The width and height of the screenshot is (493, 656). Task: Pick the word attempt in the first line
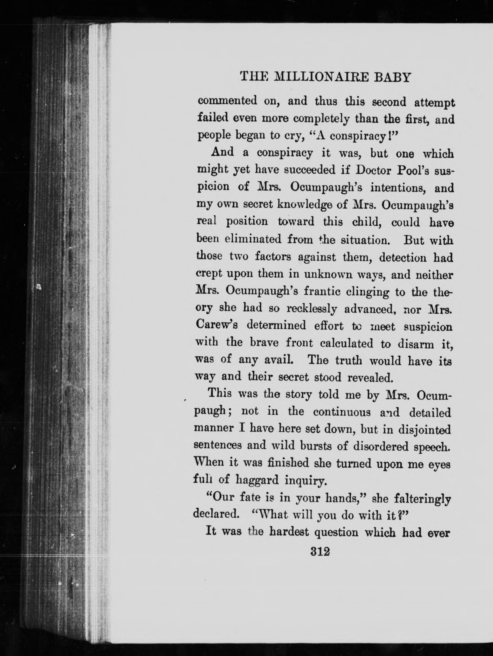click(434, 102)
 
